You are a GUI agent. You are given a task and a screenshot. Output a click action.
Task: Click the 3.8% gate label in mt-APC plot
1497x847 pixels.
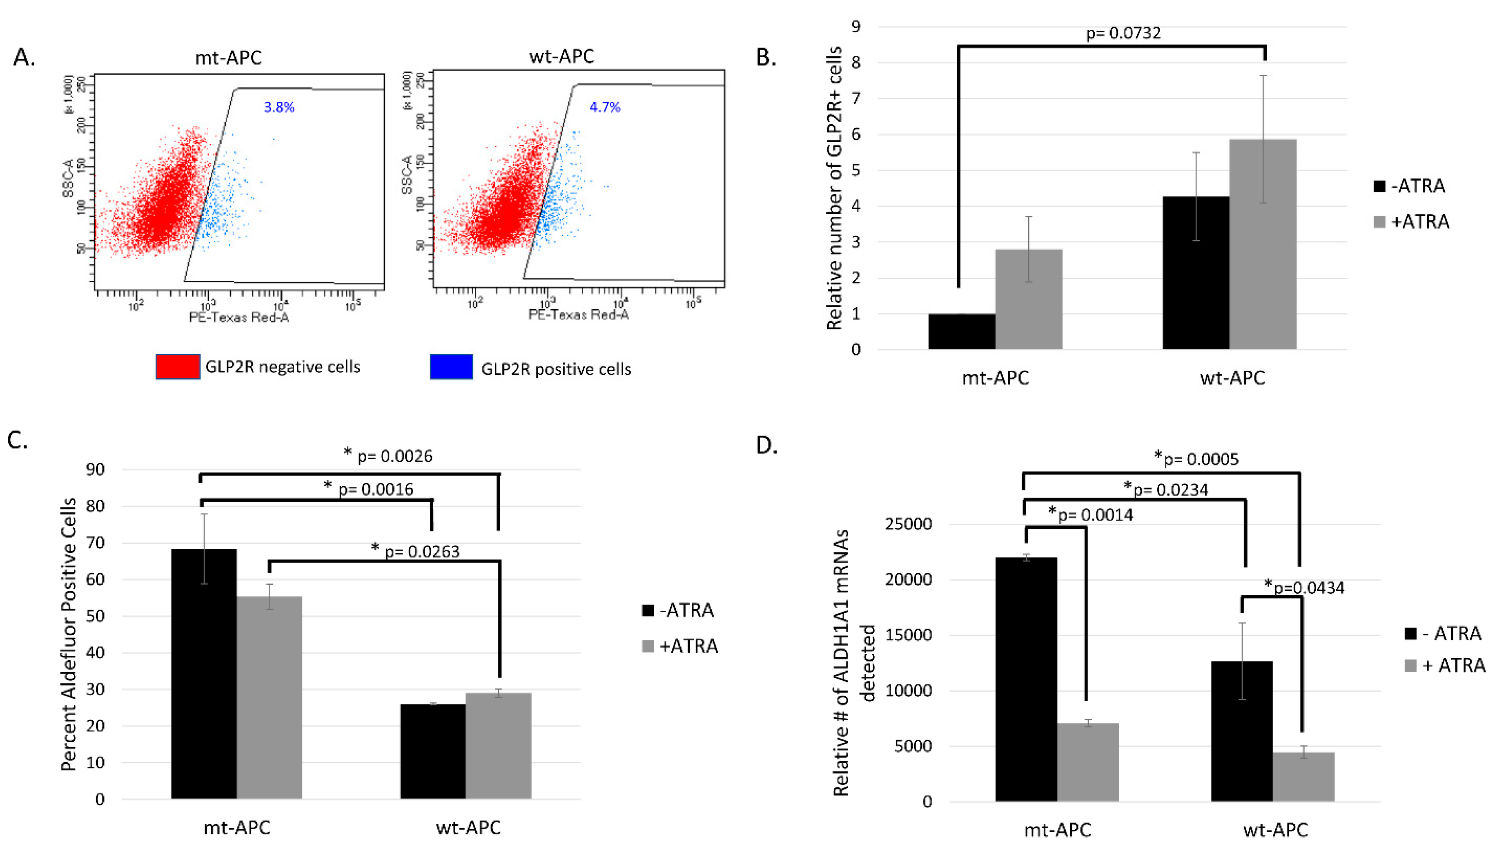click(279, 107)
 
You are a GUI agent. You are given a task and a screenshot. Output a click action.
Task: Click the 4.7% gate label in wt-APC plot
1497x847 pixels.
click(605, 107)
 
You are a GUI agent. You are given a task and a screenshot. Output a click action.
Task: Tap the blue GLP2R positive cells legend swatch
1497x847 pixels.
click(451, 368)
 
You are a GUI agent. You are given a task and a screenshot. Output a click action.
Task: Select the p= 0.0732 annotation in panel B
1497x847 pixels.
click(1123, 33)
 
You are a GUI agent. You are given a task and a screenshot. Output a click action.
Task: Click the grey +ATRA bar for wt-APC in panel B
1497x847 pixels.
click(1263, 244)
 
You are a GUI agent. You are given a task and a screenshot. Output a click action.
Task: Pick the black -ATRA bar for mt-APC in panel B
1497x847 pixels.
click(962, 332)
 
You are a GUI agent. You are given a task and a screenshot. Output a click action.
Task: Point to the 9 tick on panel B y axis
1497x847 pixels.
click(856, 26)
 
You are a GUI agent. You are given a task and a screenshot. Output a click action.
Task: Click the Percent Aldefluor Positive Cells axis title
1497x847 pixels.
click(69, 634)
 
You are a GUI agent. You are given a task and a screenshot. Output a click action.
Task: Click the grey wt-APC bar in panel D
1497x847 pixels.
click(1303, 777)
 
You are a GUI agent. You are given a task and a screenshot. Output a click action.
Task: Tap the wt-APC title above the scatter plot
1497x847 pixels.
click(561, 56)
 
